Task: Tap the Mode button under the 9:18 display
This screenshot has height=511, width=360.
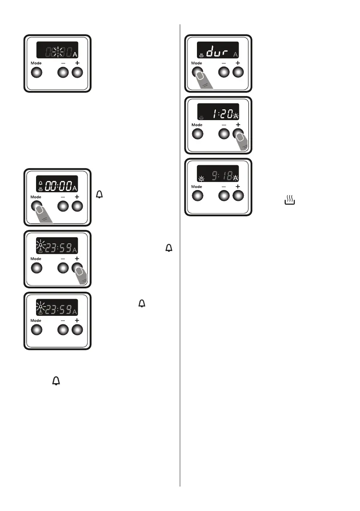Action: coord(197,195)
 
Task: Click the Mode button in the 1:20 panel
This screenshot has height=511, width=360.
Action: coord(197,134)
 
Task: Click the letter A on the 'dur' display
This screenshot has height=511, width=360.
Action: coord(235,54)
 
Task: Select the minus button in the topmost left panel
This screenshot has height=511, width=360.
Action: coord(63,73)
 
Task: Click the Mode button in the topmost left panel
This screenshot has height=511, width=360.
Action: coord(36,73)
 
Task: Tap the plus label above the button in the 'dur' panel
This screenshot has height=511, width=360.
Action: coord(237,63)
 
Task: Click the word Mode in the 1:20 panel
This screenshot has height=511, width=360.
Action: coord(197,125)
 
